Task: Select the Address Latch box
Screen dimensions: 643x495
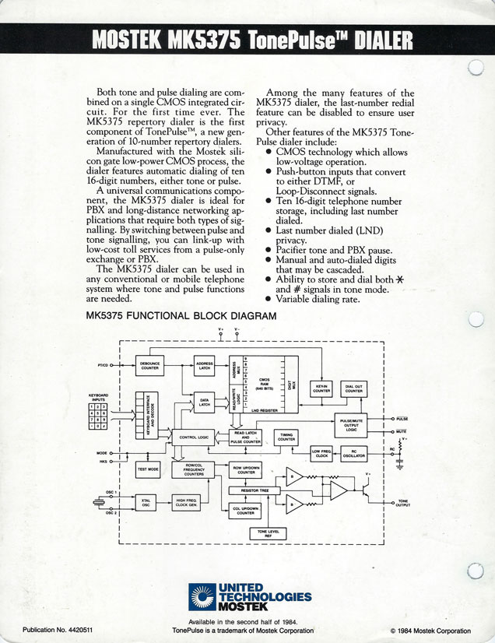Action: [x=205, y=365]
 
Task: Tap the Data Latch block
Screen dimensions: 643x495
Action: [x=205, y=403]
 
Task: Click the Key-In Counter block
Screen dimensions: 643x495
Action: [x=322, y=388]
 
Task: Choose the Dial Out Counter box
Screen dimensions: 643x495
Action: [x=354, y=388]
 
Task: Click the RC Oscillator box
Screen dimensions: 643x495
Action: [x=354, y=453]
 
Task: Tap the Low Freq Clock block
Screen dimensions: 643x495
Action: [x=321, y=453]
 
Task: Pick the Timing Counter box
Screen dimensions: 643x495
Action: [x=286, y=438]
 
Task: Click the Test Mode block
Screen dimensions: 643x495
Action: [x=148, y=469]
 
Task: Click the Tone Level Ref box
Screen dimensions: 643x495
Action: [x=266, y=532]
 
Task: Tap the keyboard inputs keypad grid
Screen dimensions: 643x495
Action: [x=98, y=416]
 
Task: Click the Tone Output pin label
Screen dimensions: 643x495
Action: [x=402, y=502]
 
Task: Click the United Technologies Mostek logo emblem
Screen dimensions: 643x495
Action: [x=202, y=596]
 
